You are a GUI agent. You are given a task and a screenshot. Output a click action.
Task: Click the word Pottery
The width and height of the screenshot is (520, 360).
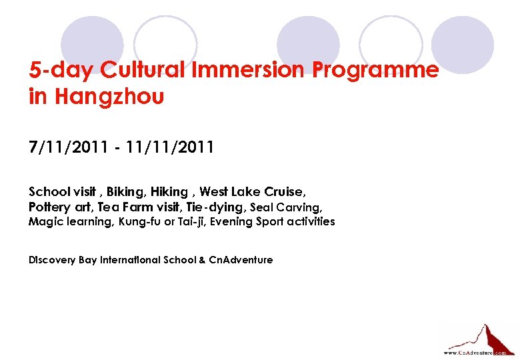click(x=49, y=207)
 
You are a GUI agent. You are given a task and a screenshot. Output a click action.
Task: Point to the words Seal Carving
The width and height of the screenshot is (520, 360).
click(x=286, y=207)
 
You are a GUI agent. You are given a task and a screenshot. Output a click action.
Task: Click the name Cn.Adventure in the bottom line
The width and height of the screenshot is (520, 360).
click(x=241, y=260)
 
